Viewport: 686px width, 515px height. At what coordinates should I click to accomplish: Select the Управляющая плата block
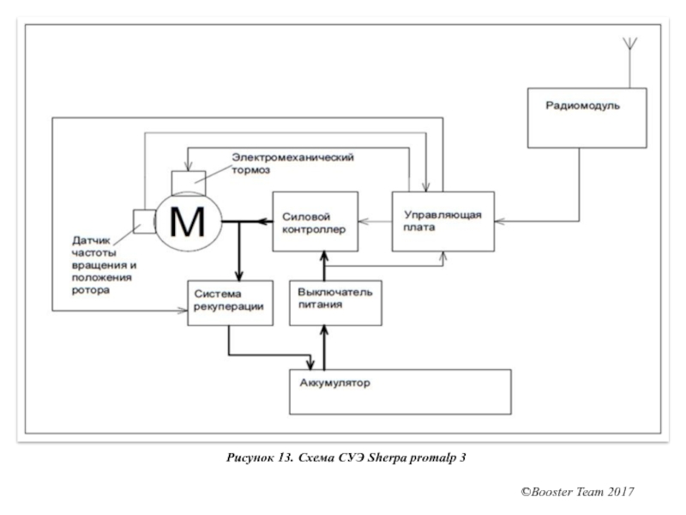(x=443, y=221)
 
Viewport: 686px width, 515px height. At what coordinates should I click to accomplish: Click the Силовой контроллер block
(x=315, y=221)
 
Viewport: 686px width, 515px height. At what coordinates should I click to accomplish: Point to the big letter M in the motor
(x=187, y=223)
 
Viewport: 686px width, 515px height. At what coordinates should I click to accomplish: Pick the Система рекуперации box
(x=231, y=302)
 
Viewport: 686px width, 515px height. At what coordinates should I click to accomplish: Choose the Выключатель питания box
(x=335, y=302)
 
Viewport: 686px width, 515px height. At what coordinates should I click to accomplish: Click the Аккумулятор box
(x=400, y=391)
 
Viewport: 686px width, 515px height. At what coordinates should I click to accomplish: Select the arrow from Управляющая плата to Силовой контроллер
(x=374, y=221)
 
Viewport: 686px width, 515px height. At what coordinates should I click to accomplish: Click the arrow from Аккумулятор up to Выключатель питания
(x=324, y=347)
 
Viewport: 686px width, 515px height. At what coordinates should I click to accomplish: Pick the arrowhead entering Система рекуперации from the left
(x=182, y=310)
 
